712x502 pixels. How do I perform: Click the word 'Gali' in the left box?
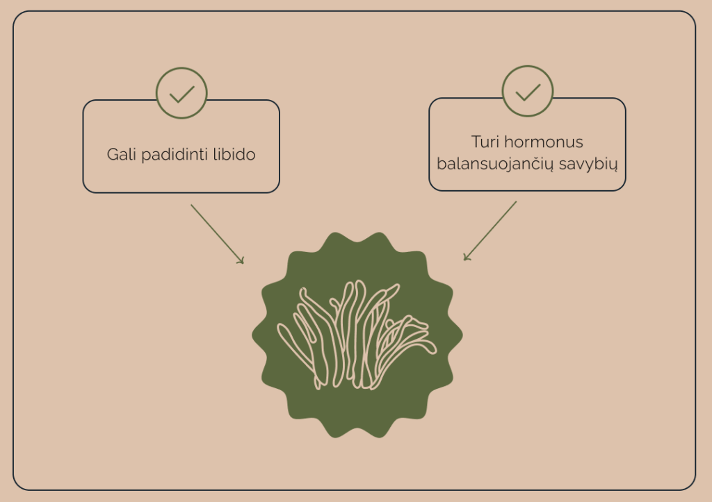pyautogui.click(x=122, y=154)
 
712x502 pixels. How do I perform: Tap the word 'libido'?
pyautogui.click(x=232, y=154)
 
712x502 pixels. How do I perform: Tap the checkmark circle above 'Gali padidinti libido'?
pyautogui.click(x=181, y=93)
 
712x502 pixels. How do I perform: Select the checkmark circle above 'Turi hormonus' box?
pyautogui.click(x=528, y=91)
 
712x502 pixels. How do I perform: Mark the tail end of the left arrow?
pyautogui.click(x=191, y=206)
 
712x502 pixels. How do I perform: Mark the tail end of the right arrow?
pyautogui.click(x=517, y=202)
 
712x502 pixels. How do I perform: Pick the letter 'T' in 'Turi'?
pyautogui.click(x=476, y=142)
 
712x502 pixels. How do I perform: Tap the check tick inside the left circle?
pyautogui.click(x=181, y=94)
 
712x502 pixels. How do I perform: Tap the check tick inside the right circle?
pyautogui.click(x=528, y=92)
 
